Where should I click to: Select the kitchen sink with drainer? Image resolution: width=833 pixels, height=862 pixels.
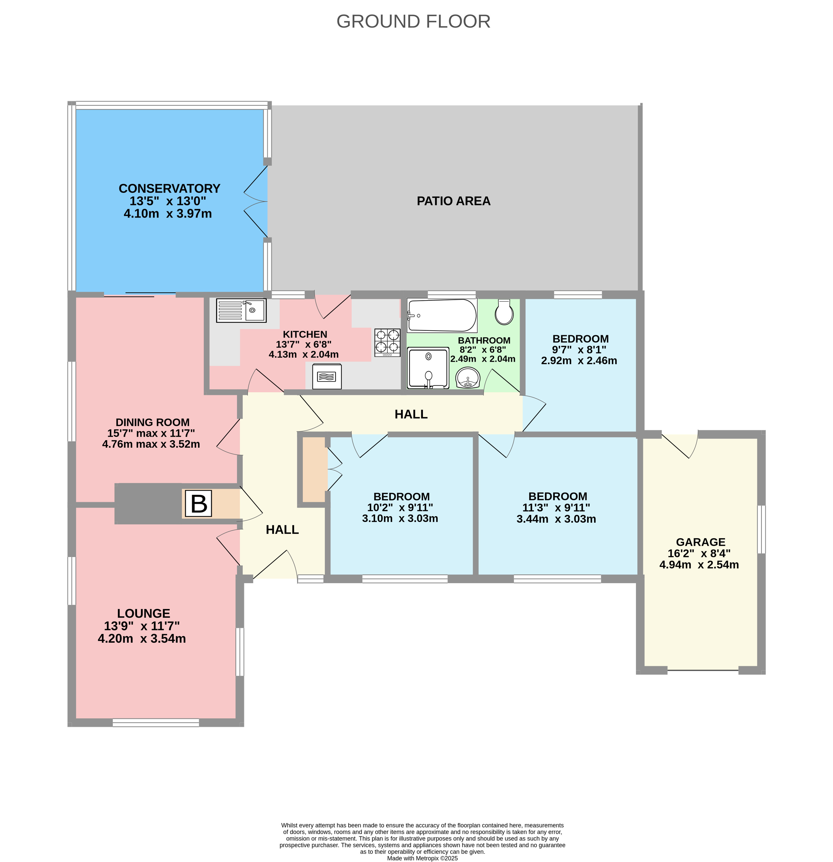[x=241, y=310]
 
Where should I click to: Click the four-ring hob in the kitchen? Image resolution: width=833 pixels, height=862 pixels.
[x=387, y=342]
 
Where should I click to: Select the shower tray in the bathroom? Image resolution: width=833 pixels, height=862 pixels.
[x=428, y=368]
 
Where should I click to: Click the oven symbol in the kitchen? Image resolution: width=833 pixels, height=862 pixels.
[x=327, y=377]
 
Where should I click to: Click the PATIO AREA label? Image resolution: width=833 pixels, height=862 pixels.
[x=453, y=201]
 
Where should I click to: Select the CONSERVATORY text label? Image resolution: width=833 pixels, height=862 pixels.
[x=169, y=188]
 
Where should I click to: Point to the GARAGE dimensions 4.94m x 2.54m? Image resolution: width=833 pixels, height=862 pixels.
[x=699, y=565]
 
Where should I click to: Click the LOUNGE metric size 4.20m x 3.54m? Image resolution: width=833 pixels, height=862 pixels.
[x=142, y=639]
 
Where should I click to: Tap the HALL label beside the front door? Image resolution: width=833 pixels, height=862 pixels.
[x=282, y=530]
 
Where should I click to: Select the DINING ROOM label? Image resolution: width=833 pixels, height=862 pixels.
[x=152, y=422]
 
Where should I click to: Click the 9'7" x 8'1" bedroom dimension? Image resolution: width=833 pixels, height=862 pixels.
[x=579, y=350]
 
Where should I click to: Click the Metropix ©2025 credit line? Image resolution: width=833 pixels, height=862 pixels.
[x=422, y=858]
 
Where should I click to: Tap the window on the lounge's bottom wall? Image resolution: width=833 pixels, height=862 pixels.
[x=156, y=722]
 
